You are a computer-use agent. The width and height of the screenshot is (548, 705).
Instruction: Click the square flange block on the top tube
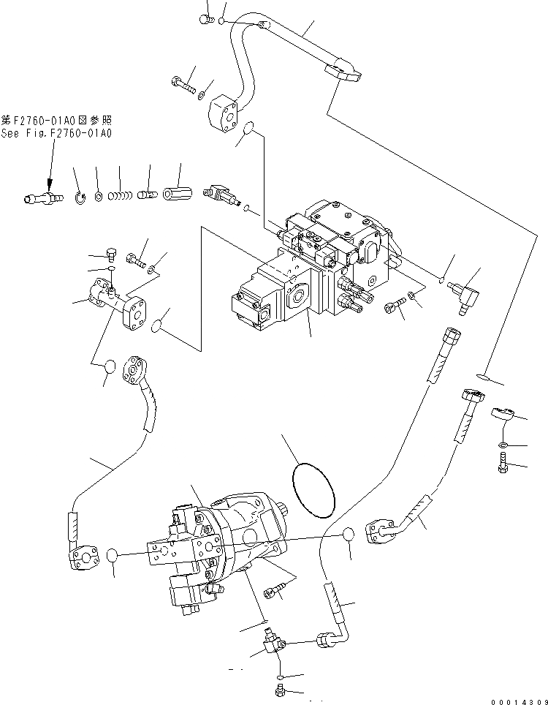pyautogui.click(x=223, y=113)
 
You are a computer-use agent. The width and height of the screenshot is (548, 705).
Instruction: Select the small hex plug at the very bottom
pyautogui.click(x=279, y=689)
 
